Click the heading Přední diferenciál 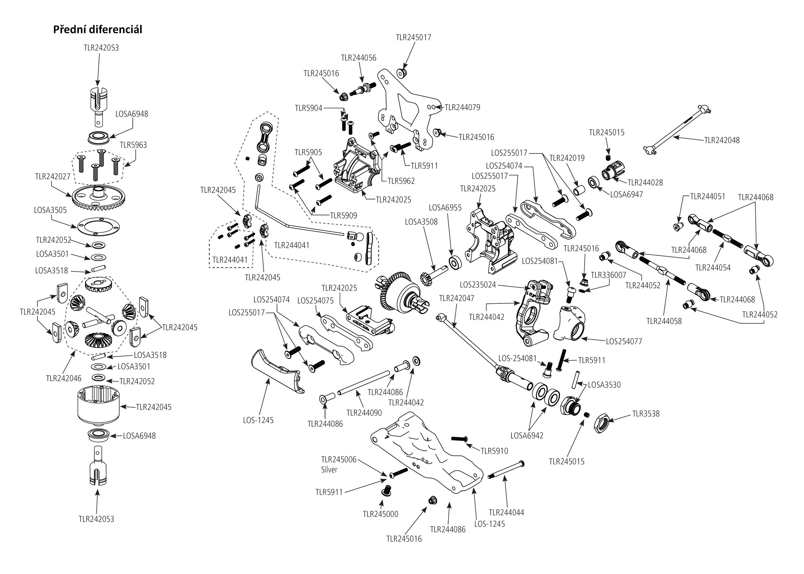[x=98, y=30]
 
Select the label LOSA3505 [x=50, y=210]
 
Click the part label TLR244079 [x=462, y=107]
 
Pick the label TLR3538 [x=645, y=414]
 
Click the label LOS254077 [x=624, y=341]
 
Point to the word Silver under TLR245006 [x=329, y=470]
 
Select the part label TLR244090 [x=364, y=413]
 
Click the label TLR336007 [x=608, y=275]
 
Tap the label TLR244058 [x=664, y=321]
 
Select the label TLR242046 [x=64, y=379]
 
